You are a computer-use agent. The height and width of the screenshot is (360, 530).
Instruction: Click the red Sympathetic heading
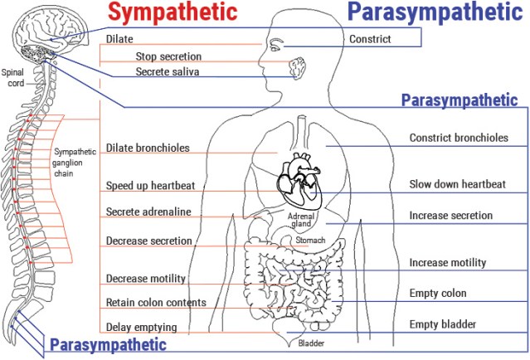click(173, 13)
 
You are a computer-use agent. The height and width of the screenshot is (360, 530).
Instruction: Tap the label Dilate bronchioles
click(148, 149)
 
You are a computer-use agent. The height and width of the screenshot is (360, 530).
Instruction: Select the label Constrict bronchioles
click(459, 139)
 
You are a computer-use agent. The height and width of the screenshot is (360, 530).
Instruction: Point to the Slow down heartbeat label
click(458, 184)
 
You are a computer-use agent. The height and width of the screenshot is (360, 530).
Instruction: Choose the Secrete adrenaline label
click(148, 212)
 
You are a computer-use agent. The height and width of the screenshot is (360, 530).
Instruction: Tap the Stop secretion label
click(168, 56)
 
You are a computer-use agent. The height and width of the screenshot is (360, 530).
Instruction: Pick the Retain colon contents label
click(156, 302)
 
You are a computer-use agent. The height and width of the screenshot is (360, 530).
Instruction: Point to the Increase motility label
click(448, 263)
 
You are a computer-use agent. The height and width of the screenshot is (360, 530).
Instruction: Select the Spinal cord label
click(13, 77)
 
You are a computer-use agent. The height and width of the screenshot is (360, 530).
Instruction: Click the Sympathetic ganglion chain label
click(75, 163)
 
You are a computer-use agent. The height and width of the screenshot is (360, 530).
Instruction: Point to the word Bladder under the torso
click(311, 343)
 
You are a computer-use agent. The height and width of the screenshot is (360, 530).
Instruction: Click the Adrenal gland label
click(299, 220)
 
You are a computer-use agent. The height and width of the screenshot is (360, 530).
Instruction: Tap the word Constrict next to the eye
click(369, 39)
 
